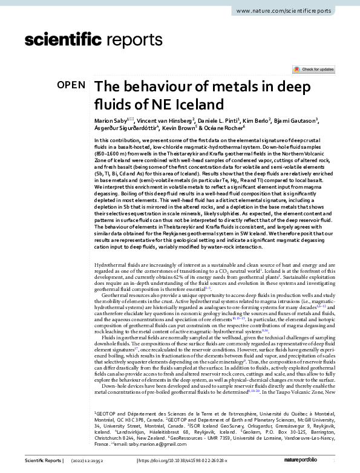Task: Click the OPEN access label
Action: pyautogui.click(x=71, y=85)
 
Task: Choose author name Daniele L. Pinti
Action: pyautogui.click(x=218, y=120)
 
